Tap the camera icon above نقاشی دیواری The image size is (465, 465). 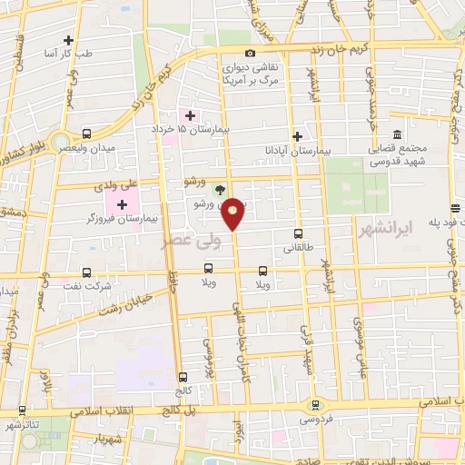[x=251, y=53]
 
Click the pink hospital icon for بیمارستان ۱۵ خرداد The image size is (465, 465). [x=190, y=114]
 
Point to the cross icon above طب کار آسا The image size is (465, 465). [x=70, y=40]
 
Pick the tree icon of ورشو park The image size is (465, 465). [x=219, y=189]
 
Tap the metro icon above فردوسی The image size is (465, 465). [x=315, y=405]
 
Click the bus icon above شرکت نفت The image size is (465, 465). [x=86, y=272]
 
